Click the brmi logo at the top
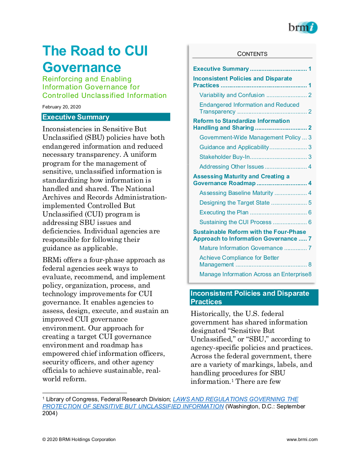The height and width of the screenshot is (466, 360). click(x=302, y=28)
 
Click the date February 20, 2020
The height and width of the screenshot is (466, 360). click(x=61, y=107)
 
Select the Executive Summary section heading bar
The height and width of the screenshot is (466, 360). click(x=106, y=117)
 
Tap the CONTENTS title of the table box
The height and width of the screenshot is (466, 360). click(x=252, y=54)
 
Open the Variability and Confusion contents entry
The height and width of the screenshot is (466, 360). click(x=232, y=95)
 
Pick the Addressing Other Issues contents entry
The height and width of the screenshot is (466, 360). click(x=232, y=166)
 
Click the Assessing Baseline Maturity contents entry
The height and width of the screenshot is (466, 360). click(x=236, y=193)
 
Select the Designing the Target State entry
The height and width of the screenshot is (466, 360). click(x=234, y=202)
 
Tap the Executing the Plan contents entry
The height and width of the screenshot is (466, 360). click(x=224, y=212)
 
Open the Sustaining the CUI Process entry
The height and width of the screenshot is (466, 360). click(x=235, y=222)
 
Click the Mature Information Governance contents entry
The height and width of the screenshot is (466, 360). click(x=241, y=248)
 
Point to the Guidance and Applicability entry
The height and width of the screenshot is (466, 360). click(x=234, y=147)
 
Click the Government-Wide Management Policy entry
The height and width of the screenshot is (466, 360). click(x=250, y=137)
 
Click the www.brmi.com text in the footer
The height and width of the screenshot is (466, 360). click(x=302, y=439)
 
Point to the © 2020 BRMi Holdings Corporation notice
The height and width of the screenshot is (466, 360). click(x=79, y=439)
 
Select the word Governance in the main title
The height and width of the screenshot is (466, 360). click(x=82, y=67)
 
